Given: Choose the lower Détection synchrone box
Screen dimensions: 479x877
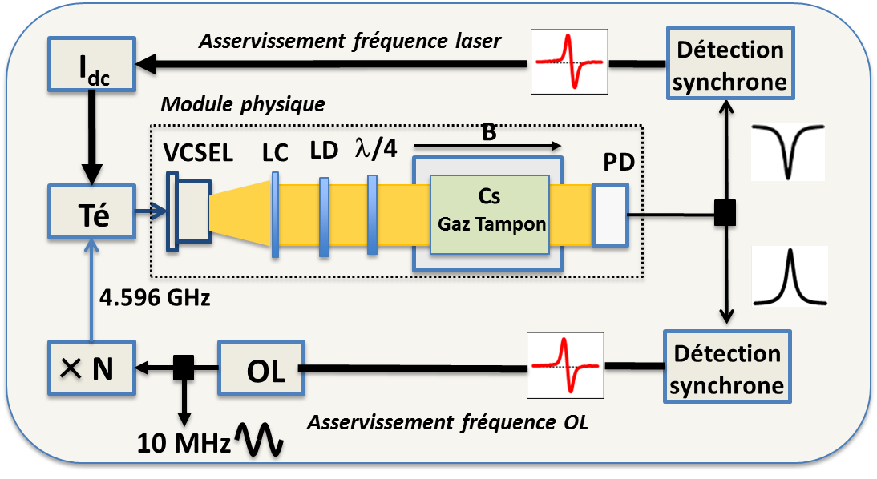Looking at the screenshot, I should coord(726,368).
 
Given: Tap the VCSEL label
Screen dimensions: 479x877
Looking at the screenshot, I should coord(197,154).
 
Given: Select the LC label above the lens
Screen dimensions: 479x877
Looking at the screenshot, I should coord(275,154).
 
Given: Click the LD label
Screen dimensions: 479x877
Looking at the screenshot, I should coord(323,152).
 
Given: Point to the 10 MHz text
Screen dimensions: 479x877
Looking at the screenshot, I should coord(184,442).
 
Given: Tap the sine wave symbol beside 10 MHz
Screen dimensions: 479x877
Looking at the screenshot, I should coord(258,441).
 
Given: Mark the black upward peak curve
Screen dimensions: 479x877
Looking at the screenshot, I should coord(788,276).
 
